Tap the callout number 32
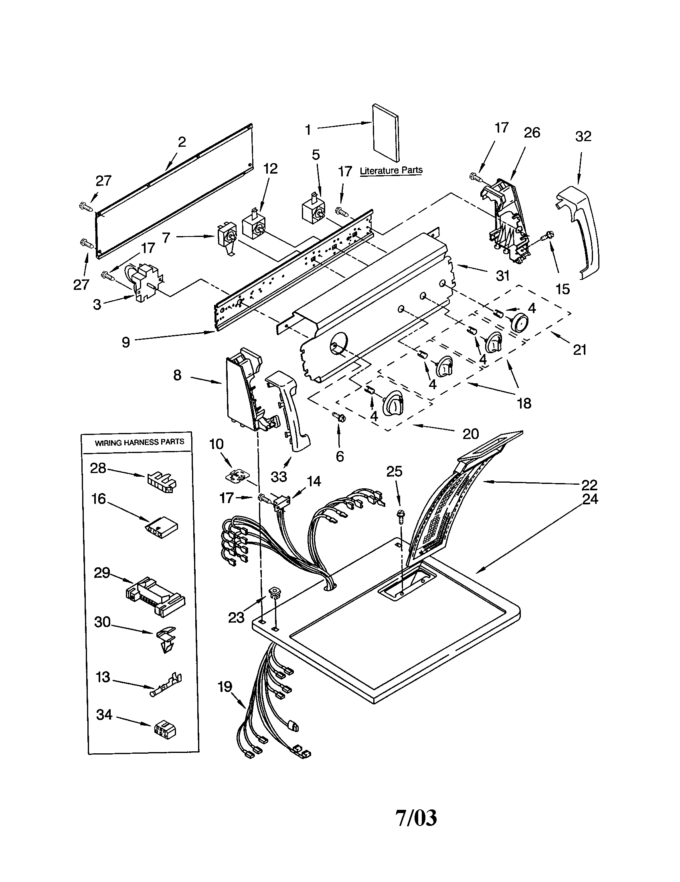click(x=583, y=136)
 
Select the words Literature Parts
click(x=391, y=170)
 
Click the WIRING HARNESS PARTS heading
click(x=139, y=442)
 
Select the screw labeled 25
click(x=401, y=516)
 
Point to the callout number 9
click(x=126, y=342)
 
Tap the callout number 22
click(x=589, y=484)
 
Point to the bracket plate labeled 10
click(x=237, y=476)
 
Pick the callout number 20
click(x=470, y=434)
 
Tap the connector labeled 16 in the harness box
click(x=162, y=527)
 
